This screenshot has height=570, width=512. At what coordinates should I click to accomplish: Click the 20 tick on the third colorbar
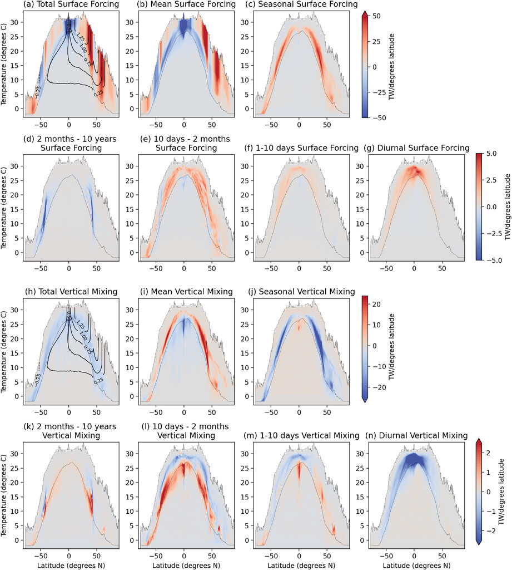(x=377, y=304)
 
